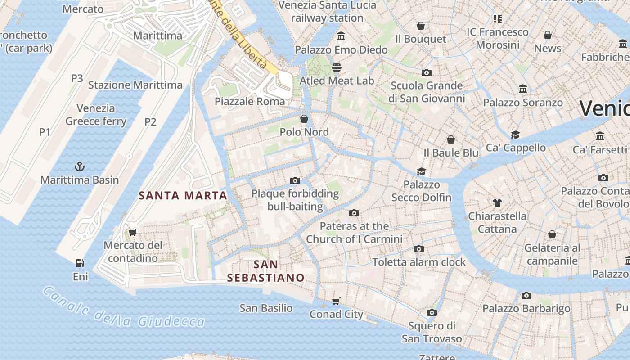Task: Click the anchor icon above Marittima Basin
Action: pyautogui.click(x=80, y=166)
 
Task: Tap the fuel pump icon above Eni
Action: pyautogui.click(x=80, y=263)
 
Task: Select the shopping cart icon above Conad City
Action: pyautogui.click(x=336, y=301)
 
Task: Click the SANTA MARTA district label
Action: pyautogui.click(x=183, y=196)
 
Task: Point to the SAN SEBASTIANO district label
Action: pyautogui.click(x=265, y=271)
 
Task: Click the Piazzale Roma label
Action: pyautogui.click(x=250, y=101)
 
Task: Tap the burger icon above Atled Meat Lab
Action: pyautogui.click(x=337, y=67)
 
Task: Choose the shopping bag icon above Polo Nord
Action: pyautogui.click(x=304, y=119)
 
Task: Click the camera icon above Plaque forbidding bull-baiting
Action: pyautogui.click(x=295, y=180)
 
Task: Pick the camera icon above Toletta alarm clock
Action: pyautogui.click(x=419, y=249)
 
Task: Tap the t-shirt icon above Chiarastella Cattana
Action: pyautogui.click(x=497, y=202)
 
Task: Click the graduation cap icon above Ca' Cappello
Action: pyautogui.click(x=515, y=135)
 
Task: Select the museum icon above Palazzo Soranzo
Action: pyautogui.click(x=523, y=89)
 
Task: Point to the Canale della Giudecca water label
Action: pyautogui.click(x=124, y=308)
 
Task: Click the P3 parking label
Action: pyautogui.click(x=77, y=78)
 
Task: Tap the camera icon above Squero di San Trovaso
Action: pyautogui.click(x=432, y=312)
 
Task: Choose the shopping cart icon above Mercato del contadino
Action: pyautogui.click(x=132, y=232)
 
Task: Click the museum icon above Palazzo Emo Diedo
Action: pyautogui.click(x=341, y=36)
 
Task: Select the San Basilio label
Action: pyautogui.click(x=266, y=308)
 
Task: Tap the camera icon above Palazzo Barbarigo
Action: pyautogui.click(x=526, y=295)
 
